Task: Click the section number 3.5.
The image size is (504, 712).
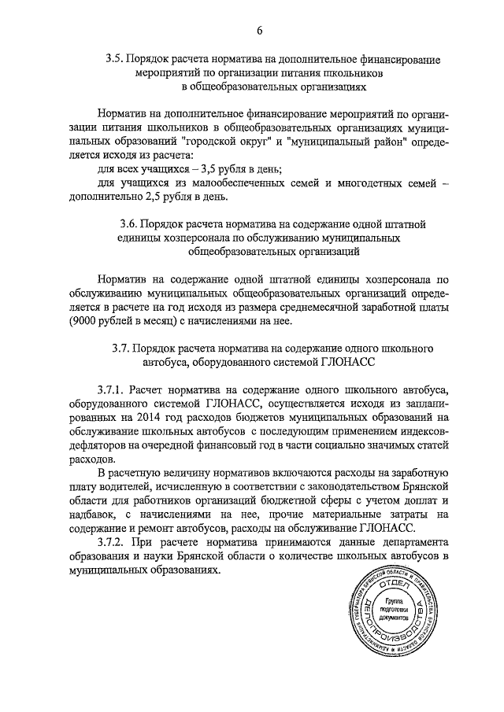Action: pyautogui.click(x=116, y=59)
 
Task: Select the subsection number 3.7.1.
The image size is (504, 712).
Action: pyautogui.click(x=113, y=389)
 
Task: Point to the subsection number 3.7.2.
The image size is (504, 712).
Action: pyautogui.click(x=113, y=543)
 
